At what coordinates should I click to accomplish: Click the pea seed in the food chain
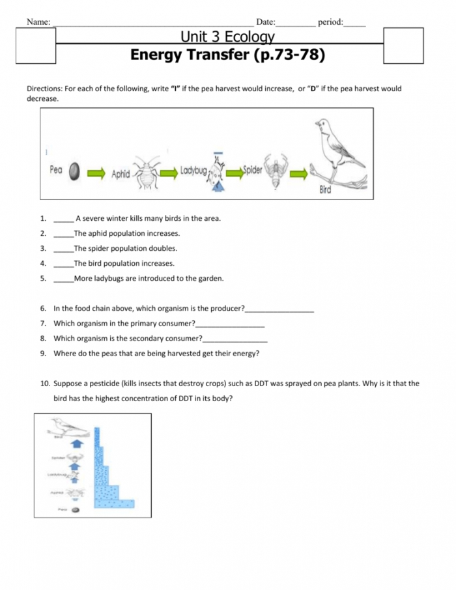coord(75,172)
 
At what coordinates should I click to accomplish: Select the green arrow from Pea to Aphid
coord(95,173)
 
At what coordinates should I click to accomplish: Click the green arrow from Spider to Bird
coord(300,173)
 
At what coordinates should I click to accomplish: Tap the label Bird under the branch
coord(326,190)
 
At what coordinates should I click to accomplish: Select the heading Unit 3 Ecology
coord(227,37)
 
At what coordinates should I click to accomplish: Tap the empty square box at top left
coord(35,46)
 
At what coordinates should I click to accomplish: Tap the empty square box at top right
coord(403,46)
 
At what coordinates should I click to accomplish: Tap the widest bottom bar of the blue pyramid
coord(115,503)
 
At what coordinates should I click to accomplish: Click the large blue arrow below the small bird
coord(76,444)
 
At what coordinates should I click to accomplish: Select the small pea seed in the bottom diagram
coord(76,510)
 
